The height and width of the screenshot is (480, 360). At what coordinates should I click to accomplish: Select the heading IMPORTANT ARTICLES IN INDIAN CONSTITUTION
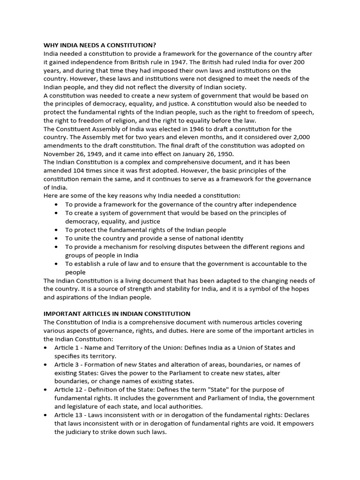click(x=117, y=314)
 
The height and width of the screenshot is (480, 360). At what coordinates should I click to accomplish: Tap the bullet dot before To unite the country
click(x=56, y=238)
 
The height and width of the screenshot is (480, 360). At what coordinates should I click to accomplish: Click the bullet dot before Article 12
click(x=45, y=390)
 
